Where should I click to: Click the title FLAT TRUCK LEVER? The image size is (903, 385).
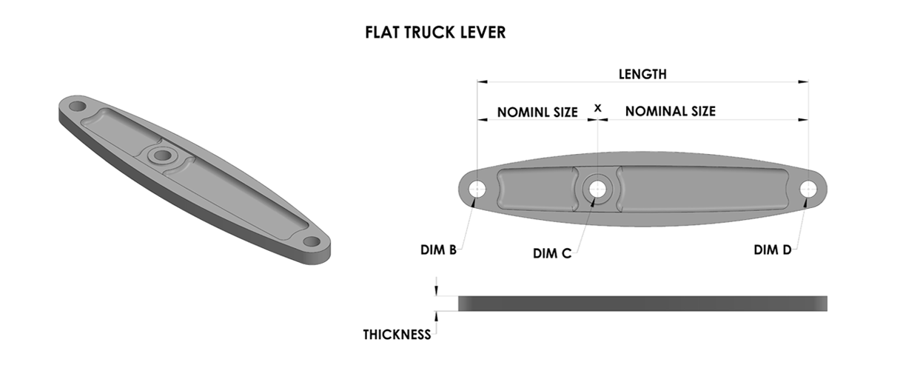[435, 33]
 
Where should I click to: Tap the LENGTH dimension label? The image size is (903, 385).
[642, 74]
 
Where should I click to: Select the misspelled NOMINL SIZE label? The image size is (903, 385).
[537, 112]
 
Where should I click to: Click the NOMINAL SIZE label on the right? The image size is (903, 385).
[671, 111]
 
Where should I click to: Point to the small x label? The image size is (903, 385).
[597, 107]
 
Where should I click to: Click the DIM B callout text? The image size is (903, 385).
[438, 250]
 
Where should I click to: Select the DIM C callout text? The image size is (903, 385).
[552, 253]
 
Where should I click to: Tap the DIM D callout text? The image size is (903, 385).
[773, 250]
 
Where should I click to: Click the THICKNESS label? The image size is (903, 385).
[397, 335]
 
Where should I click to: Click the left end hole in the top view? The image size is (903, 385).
[477, 189]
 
